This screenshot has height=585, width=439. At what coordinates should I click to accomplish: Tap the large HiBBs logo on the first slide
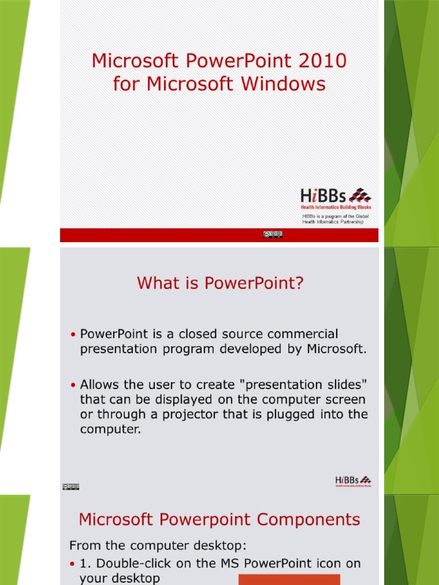tap(336, 197)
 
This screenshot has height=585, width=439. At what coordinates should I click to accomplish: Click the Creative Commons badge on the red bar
tap(273, 234)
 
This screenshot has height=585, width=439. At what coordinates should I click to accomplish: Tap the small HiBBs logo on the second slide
tap(353, 481)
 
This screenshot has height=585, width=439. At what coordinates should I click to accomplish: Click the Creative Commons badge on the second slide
tap(70, 487)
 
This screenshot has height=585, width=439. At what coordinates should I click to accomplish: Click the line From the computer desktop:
tap(158, 545)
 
